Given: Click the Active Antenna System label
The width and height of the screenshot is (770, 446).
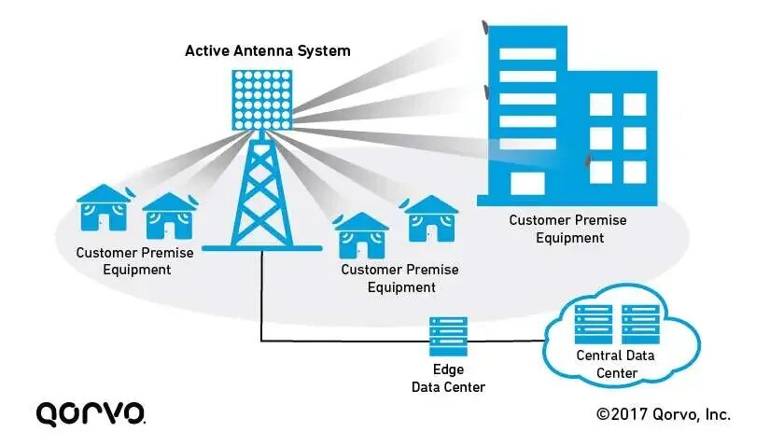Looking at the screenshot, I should pos(267,49).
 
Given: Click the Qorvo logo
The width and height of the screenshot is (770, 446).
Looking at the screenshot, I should pos(90,412).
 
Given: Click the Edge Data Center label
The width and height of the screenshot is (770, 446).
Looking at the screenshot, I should pos(447,378).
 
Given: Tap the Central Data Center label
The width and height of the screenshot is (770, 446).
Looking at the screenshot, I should pos(615,364).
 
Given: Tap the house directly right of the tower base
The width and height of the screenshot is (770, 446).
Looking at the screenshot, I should pos(361,234).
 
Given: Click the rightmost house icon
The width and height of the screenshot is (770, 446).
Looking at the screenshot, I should pos(429,217).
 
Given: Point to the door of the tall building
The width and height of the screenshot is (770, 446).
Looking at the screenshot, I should pos(526,182).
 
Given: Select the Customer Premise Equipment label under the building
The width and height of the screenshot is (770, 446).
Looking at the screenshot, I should pos(567,229).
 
